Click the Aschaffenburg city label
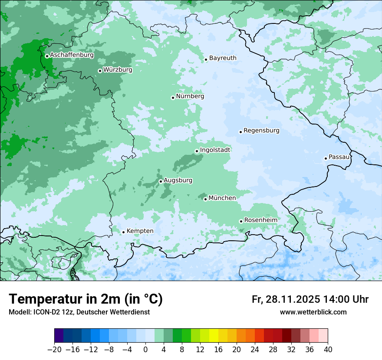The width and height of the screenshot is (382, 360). click(72, 55)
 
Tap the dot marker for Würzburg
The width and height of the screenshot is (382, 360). click(100, 71)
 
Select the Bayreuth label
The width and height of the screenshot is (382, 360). click(223, 58)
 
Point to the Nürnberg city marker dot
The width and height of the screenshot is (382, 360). click(173, 98)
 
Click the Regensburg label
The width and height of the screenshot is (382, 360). click(261, 130)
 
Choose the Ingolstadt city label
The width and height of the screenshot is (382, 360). click(215, 150)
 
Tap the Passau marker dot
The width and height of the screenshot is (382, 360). click(326, 158)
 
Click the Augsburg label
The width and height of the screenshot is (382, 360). click(178, 180)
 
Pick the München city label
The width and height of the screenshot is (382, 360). click(222, 198)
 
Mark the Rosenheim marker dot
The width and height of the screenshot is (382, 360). click(241, 221)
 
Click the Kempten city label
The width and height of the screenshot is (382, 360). click(140, 231)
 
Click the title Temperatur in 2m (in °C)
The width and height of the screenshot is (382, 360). click(86, 299)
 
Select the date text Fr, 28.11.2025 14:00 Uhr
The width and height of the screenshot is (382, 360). click(310, 299)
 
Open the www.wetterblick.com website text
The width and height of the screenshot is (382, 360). click(313, 312)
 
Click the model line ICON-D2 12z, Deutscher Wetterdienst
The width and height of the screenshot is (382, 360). click(79, 312)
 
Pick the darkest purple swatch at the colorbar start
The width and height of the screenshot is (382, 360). click(59, 336)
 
